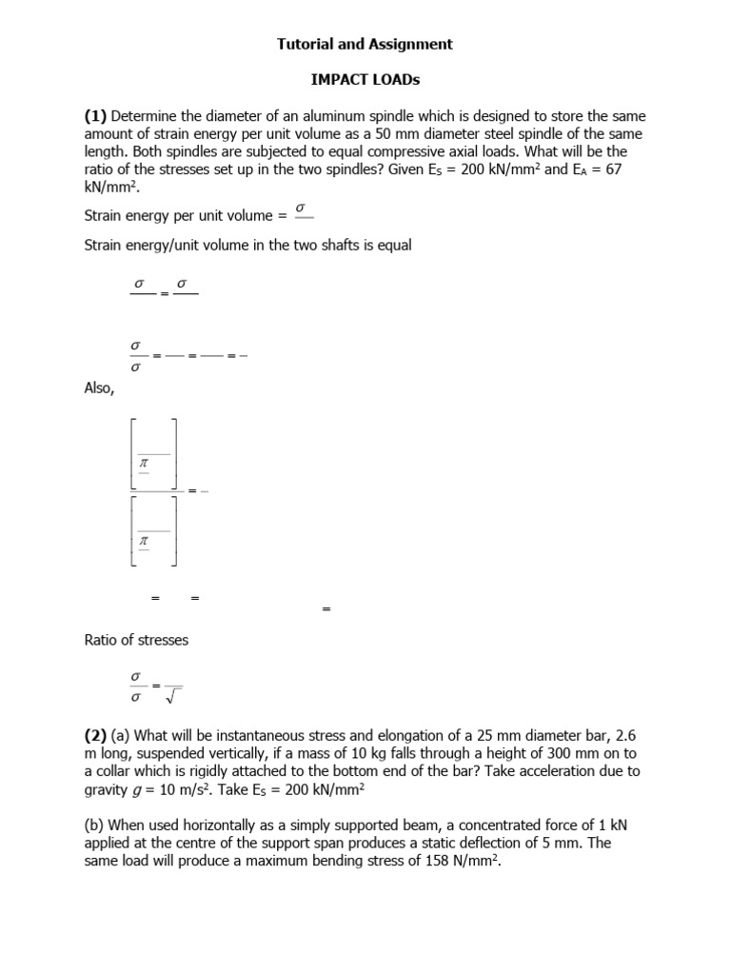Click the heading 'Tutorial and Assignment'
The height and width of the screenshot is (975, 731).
click(x=365, y=44)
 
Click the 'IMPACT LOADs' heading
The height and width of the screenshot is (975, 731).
click(x=365, y=82)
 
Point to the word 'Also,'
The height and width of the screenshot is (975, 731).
click(x=100, y=388)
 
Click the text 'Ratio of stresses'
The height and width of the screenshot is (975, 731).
click(x=136, y=640)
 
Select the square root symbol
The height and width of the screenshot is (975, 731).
click(x=173, y=695)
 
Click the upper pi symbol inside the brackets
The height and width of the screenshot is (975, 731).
click(x=146, y=464)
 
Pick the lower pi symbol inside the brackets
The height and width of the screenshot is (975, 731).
click(x=146, y=540)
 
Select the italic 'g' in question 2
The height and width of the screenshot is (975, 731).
click(x=132, y=806)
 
